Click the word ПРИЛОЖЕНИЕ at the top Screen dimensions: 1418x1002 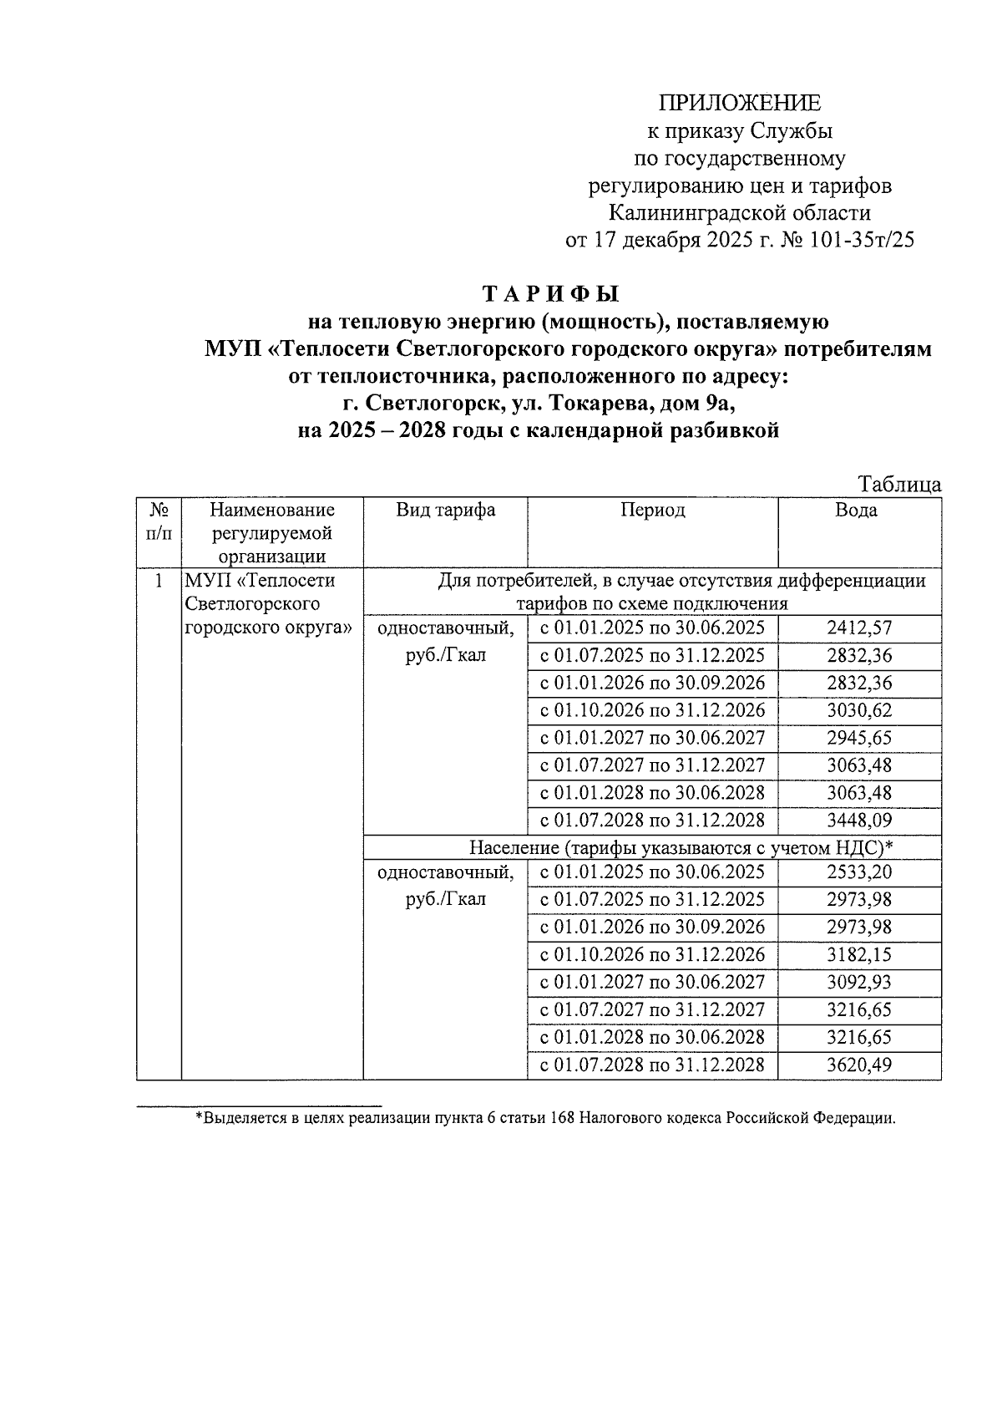[x=740, y=103]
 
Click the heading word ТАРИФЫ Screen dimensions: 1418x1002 [x=552, y=295]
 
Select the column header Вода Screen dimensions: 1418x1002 [x=856, y=511]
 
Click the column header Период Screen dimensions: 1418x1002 [x=652, y=511]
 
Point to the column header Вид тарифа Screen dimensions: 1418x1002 [x=445, y=511]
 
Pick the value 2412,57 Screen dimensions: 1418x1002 [x=859, y=628]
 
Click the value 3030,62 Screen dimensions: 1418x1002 [x=859, y=711]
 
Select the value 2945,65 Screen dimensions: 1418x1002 [x=859, y=739]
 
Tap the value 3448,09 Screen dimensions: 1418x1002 [x=859, y=821]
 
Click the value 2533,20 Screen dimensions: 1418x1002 [x=859, y=872]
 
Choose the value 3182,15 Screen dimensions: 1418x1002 [x=859, y=955]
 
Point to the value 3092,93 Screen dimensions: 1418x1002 [x=859, y=983]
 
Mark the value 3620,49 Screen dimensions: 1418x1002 [x=859, y=1065]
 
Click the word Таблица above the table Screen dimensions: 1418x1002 [x=899, y=485]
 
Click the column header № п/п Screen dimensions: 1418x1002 [x=159, y=521]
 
